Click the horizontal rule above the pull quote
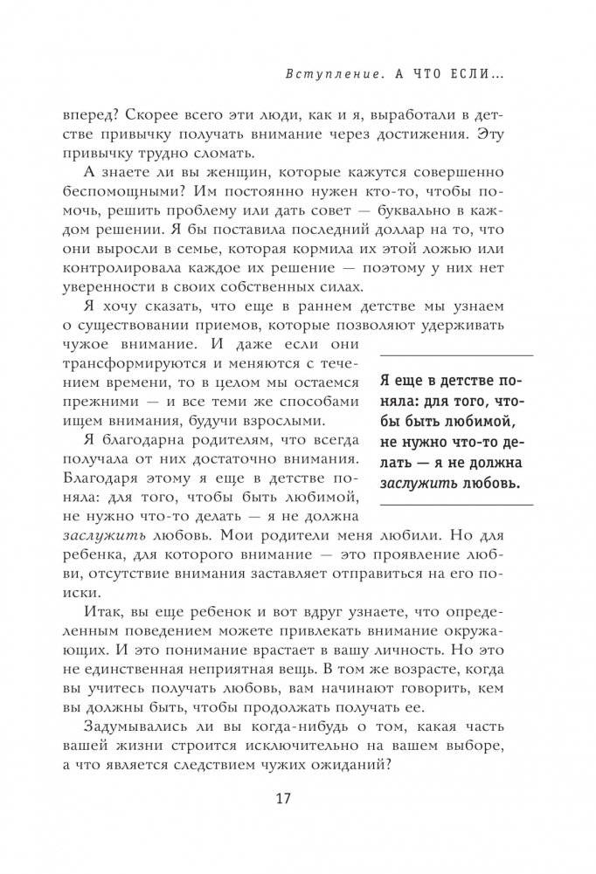coord(444,355)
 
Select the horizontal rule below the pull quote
coord(444,505)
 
